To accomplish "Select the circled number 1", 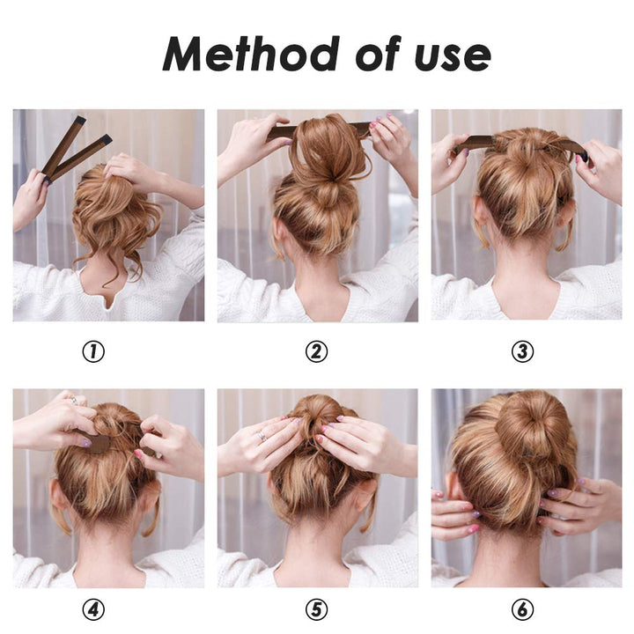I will (x=93, y=352).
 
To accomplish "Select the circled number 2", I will (x=316, y=352).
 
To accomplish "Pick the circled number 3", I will (x=523, y=352).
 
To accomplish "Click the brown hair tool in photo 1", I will (x=74, y=150).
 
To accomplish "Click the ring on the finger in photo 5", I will (x=262, y=435).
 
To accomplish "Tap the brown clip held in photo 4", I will (x=99, y=443).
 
